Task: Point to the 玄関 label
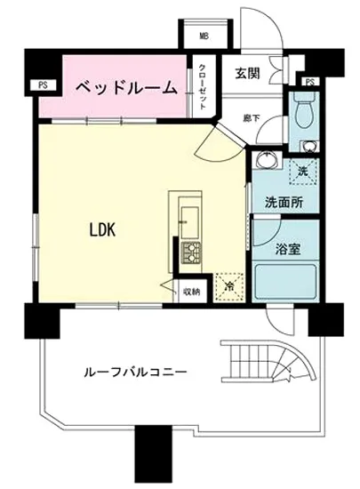pos(247,75)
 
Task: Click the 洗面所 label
pos(283,201)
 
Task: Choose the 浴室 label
pos(286,248)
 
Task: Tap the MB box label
pos(204,36)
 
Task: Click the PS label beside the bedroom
pos(43,85)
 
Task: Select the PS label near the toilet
pos(309,82)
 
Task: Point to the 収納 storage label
pos(192,290)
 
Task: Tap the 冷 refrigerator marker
pos(228,286)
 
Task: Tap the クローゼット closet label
pos(203,84)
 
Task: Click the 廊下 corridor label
pos(252,116)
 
